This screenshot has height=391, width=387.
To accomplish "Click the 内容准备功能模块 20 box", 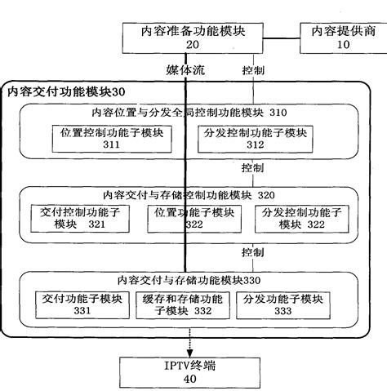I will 193,38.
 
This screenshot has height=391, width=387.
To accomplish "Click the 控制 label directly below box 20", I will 252,72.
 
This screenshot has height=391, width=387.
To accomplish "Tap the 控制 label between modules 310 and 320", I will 252,167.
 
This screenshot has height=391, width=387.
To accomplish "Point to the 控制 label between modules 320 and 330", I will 252,250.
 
